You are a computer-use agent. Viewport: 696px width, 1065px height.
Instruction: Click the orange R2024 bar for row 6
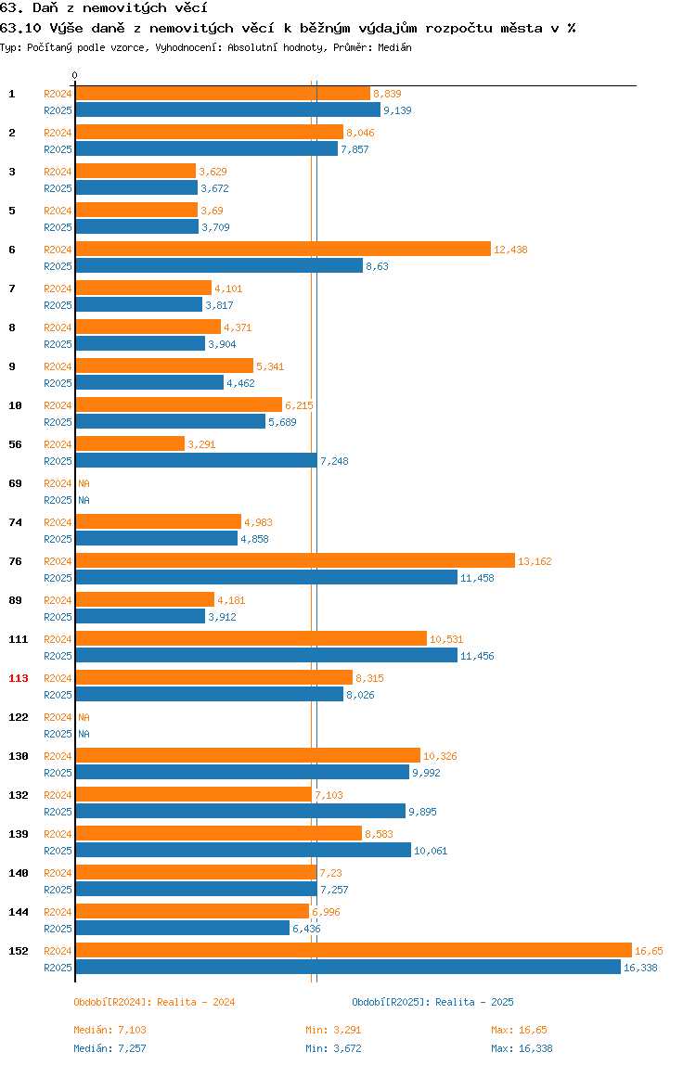pos(283,250)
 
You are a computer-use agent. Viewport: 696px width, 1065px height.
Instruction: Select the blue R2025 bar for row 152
pos(348,968)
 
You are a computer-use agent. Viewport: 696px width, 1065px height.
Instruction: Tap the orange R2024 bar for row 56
pos(131,444)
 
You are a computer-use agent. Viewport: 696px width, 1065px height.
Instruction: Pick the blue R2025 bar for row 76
pos(266,578)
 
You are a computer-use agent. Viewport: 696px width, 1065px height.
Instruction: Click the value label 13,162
pos(535,561)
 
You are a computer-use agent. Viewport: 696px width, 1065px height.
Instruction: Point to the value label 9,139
pos(397,110)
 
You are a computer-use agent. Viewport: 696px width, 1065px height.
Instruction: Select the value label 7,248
pos(334,461)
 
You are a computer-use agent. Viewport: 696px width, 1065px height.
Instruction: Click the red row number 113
pos(19,678)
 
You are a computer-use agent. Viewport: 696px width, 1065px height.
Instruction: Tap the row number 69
pos(15,483)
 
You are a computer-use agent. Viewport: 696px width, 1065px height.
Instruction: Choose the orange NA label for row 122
pos(84,717)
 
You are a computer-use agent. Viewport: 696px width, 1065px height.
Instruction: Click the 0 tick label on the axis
pos(75,75)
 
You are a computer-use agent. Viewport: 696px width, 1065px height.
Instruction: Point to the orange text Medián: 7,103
pos(110,1031)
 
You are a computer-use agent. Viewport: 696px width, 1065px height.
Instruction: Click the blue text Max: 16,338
pos(522,1048)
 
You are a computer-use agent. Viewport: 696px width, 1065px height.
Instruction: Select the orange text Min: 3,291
pos(333,1031)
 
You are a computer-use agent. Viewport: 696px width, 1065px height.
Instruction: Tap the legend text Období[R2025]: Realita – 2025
pos(433,1003)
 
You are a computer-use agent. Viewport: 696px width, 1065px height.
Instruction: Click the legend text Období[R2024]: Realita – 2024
pos(154,1003)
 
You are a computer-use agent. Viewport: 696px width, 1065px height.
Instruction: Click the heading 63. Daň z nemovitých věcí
pos(104,8)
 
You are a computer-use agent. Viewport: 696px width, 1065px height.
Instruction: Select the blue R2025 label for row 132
pos(58,813)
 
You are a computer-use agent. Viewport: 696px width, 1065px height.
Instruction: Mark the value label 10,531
pos(446,640)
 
